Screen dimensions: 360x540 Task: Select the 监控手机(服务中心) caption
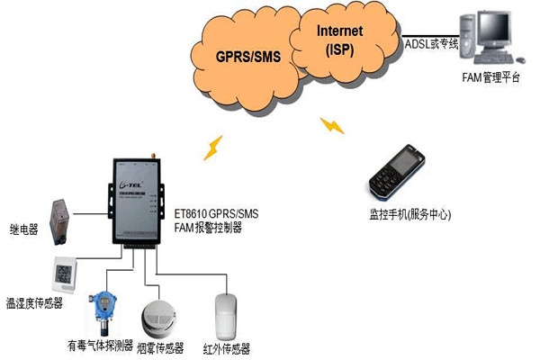(409, 214)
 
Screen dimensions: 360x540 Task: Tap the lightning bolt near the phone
(334, 123)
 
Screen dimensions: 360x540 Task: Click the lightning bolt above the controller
(214, 147)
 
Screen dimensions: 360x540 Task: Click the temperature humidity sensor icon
(65, 273)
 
